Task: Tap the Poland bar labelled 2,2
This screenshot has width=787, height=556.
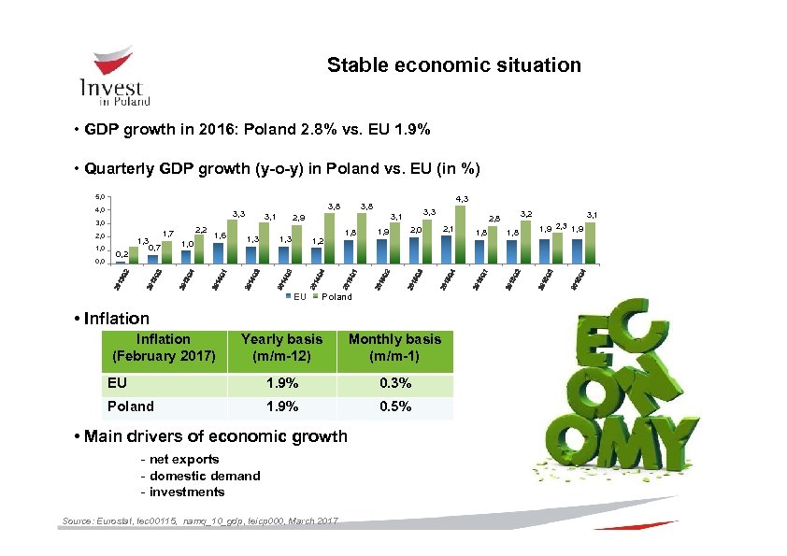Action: pyautogui.click(x=199, y=249)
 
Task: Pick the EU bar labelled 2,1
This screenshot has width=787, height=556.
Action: pyautogui.click(x=448, y=249)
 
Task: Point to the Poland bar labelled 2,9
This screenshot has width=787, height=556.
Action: pyautogui.click(x=297, y=244)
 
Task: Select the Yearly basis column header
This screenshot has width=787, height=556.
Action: pyautogui.click(x=281, y=348)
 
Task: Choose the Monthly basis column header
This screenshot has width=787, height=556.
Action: pyautogui.click(x=394, y=348)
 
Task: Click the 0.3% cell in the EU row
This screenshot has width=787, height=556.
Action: pyautogui.click(x=394, y=383)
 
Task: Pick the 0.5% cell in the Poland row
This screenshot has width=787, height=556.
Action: pyautogui.click(x=394, y=406)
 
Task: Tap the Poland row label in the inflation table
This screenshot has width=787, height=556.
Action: pyautogui.click(x=131, y=406)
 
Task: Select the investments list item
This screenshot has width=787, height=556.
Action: pyautogui.click(x=185, y=492)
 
